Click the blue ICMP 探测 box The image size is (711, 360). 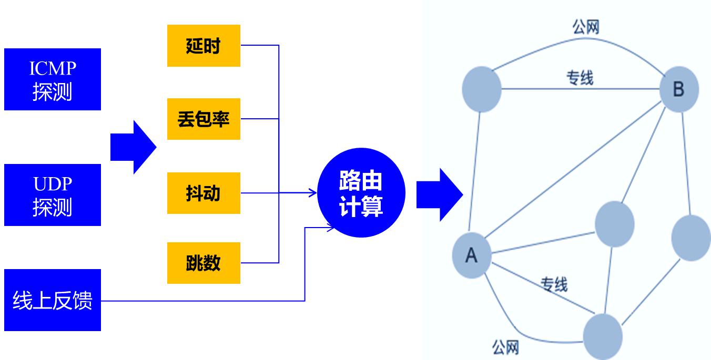(53, 79)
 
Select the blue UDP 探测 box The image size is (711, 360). (53, 195)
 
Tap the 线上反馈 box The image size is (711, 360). (53, 300)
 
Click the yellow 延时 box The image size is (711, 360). (204, 46)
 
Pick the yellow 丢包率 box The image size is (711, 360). (204, 119)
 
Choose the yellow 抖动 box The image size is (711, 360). (204, 193)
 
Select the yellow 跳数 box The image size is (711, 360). (204, 263)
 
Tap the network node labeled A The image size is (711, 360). (472, 255)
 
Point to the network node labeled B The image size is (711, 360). (679, 90)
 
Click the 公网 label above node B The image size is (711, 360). (586, 27)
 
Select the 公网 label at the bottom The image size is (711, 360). (505, 347)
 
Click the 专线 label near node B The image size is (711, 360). (580, 79)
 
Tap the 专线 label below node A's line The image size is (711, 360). (554, 284)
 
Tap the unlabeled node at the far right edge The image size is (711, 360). (691, 238)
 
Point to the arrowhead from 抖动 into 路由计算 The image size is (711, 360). (313, 193)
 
